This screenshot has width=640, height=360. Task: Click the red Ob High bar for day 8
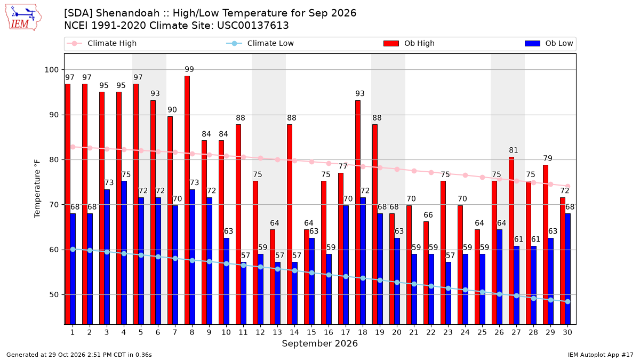coord(187,200)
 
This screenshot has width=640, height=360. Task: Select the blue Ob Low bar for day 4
coord(124,253)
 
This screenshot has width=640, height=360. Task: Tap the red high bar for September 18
coord(358,212)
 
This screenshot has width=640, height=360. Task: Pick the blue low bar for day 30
coord(567,269)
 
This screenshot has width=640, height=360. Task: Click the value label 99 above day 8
coord(189,69)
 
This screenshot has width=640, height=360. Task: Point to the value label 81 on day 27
coord(514,150)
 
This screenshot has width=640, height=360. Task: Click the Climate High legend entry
coord(102,43)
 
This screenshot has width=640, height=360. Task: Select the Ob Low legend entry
coord(549,43)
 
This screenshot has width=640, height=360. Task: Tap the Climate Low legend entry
coord(260,43)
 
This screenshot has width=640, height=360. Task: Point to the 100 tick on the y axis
coord(51,70)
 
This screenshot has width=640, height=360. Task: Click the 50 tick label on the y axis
coord(54,294)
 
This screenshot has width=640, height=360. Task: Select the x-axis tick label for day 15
coord(311,332)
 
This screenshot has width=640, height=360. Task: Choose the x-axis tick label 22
coord(431,332)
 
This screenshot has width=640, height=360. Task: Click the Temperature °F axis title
coord(37,189)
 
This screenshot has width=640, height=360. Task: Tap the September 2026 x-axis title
coord(319,343)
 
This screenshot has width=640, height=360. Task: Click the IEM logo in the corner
coord(23,18)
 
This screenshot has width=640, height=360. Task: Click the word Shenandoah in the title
coord(127,13)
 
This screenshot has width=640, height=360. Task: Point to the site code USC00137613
coord(253,26)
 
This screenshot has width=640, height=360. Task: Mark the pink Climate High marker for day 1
coord(73,147)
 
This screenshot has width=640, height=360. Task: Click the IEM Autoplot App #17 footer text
coord(601,355)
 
